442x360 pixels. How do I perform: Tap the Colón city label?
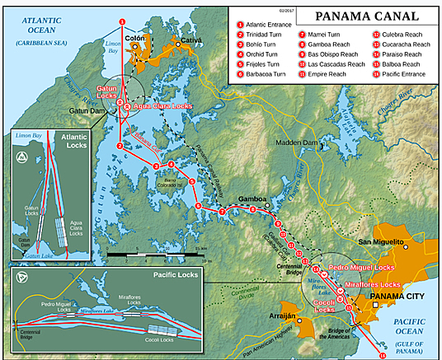point(135,38)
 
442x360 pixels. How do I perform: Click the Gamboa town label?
point(252,199)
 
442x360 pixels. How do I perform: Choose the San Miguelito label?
point(380,242)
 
